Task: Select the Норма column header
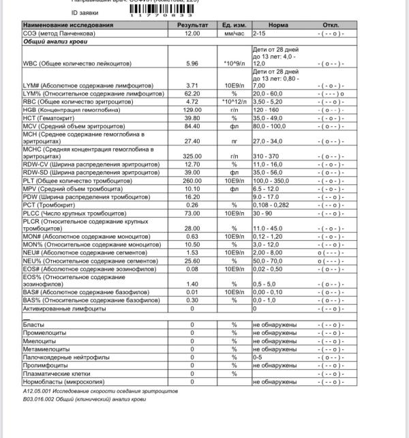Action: (x=278, y=25)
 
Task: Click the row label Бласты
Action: (x=33, y=325)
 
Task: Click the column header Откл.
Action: (x=331, y=25)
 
